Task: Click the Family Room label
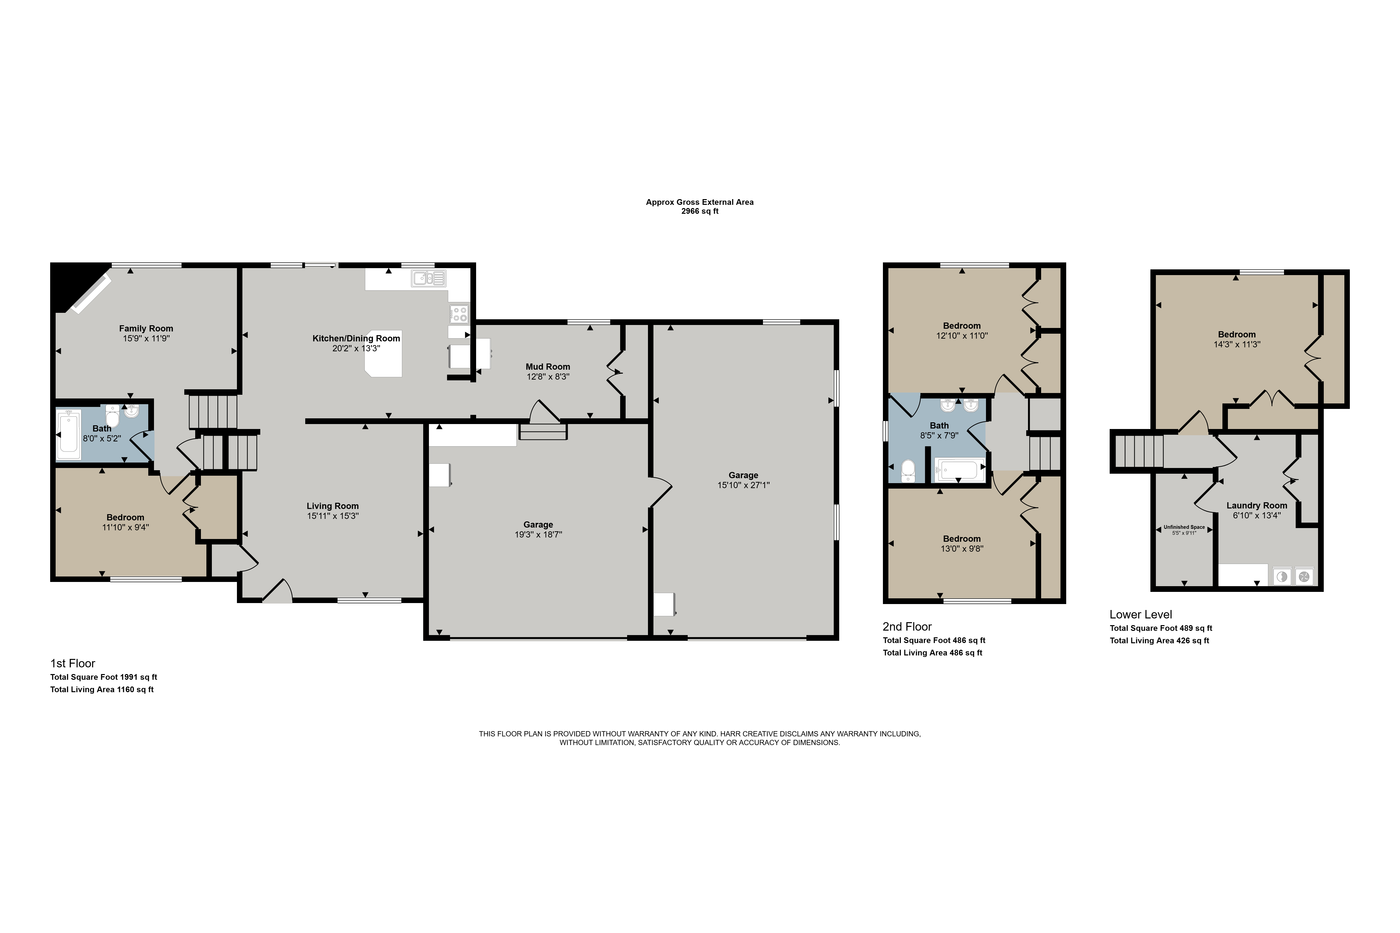[146, 328]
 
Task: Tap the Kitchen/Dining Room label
[356, 339]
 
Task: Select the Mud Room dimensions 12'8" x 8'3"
[548, 377]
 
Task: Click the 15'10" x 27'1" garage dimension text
[743, 485]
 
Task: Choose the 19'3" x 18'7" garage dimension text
[538, 534]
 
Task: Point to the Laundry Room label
[1256, 506]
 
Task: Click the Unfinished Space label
[1184, 527]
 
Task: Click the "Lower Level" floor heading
[1140, 615]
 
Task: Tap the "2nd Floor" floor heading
[907, 627]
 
